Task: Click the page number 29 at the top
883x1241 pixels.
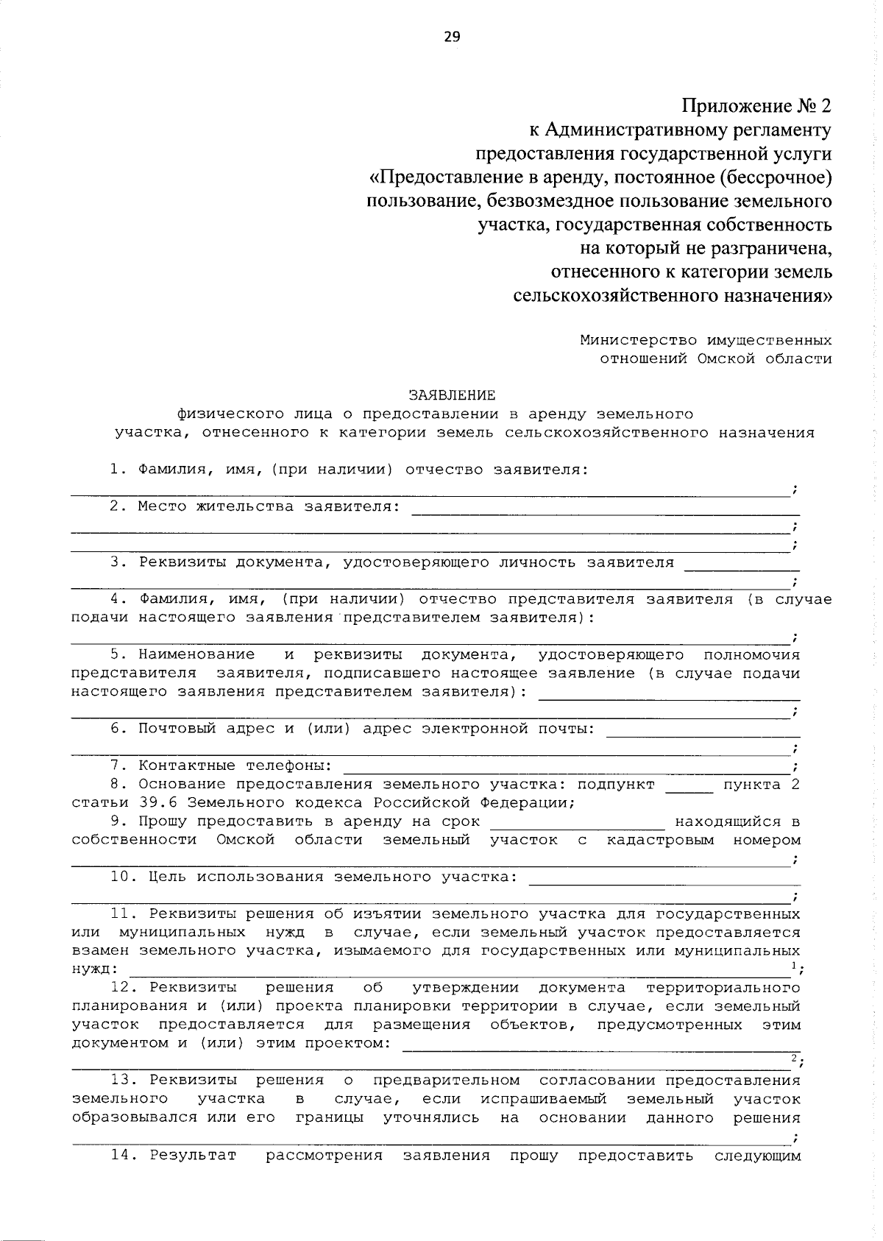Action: [451, 37]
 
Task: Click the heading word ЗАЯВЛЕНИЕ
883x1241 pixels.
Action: [452, 395]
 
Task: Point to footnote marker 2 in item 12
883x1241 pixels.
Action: [794, 1058]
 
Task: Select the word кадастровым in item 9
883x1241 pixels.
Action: [660, 840]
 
